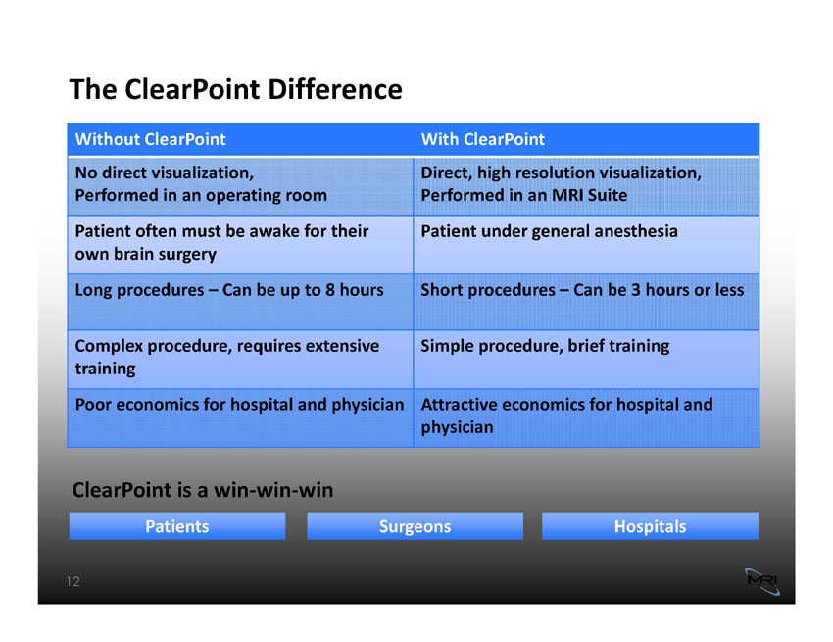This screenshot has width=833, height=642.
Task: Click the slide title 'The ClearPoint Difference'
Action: click(236, 89)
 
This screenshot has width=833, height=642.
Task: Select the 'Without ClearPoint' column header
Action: click(150, 139)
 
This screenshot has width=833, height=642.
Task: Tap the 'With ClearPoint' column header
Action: click(483, 139)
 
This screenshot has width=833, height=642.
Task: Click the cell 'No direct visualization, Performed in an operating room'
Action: click(241, 186)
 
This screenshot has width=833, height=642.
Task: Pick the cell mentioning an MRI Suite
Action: click(586, 186)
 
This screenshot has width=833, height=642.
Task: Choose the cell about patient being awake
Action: click(241, 244)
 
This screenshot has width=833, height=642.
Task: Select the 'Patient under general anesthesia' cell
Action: click(586, 244)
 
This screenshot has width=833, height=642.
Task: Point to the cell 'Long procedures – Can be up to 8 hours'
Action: click(241, 302)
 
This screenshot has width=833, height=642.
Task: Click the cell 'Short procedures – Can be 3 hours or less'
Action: click(586, 302)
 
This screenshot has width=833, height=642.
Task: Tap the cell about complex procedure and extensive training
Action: click(241, 360)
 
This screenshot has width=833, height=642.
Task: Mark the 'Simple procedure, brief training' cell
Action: click(586, 360)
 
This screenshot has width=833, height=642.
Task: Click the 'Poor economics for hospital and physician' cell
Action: click(241, 418)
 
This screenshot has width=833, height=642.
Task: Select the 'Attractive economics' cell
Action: click(586, 418)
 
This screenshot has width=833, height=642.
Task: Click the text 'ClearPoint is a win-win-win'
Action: click(203, 490)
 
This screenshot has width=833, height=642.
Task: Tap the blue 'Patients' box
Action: click(177, 526)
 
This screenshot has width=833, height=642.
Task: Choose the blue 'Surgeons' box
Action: click(415, 526)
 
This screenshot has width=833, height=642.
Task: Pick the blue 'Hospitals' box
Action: click(651, 526)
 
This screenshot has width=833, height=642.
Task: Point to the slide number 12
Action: click(73, 581)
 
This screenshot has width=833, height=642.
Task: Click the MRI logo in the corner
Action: click(762, 581)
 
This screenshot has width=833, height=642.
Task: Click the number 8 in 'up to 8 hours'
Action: click(330, 290)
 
